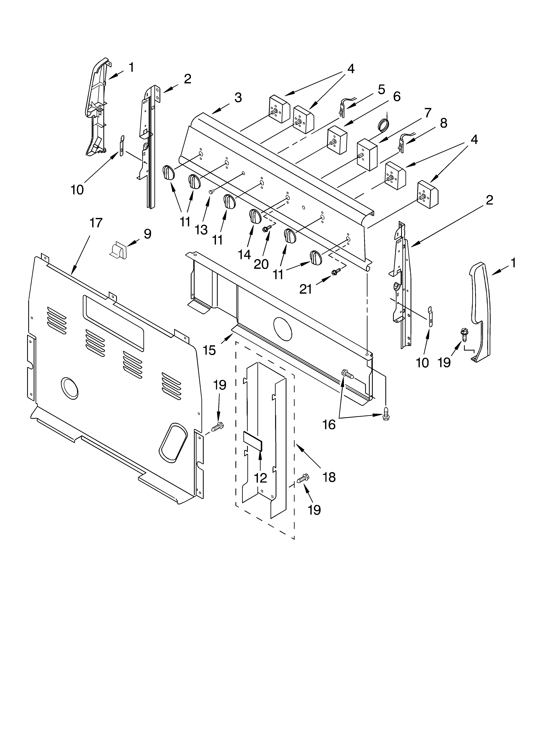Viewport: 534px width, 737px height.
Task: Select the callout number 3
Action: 238,98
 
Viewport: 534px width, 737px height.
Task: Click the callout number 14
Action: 244,255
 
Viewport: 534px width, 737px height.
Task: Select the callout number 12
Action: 260,478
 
